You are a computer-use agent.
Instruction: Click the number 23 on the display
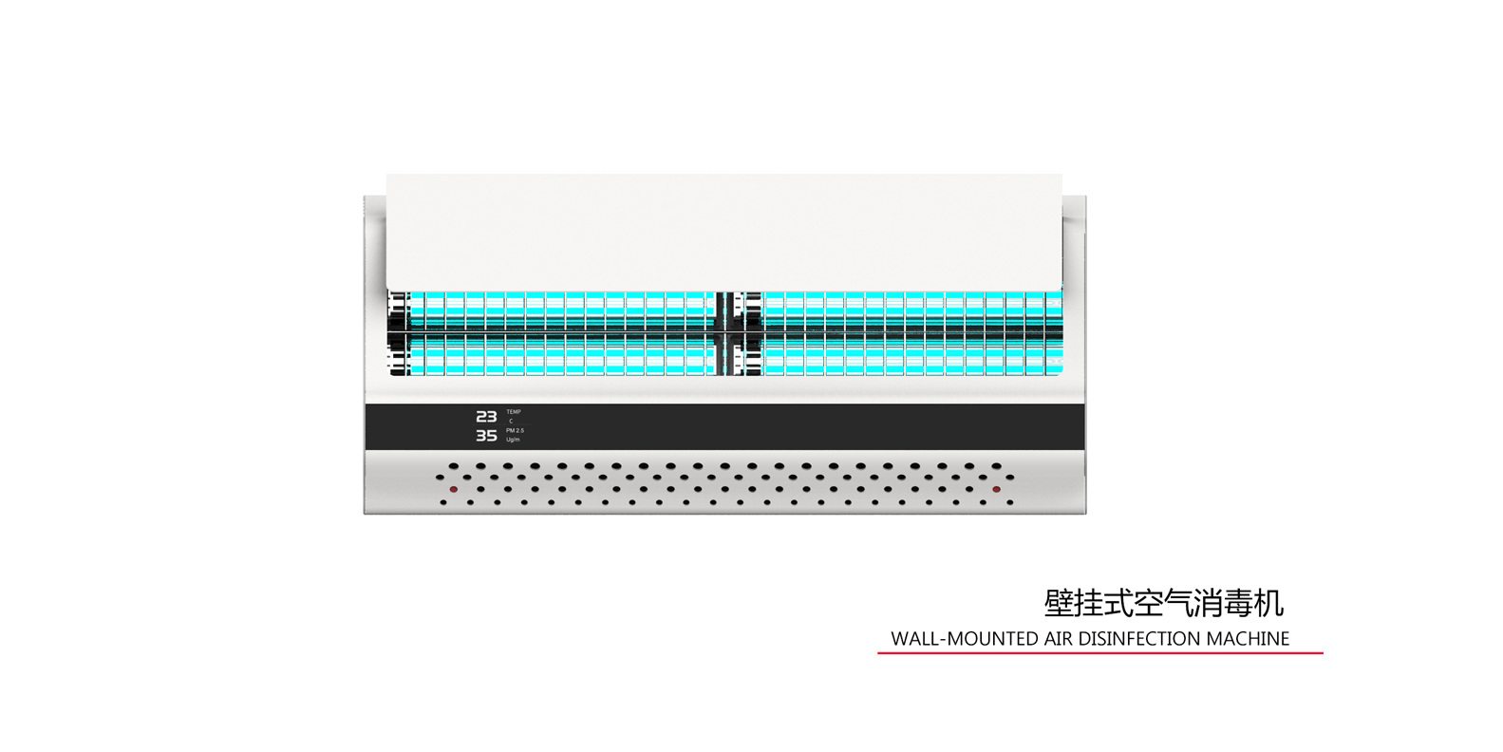click(x=486, y=417)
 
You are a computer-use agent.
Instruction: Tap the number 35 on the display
click(x=486, y=436)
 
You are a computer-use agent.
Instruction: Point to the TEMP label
click(x=514, y=412)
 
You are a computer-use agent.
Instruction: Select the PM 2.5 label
click(x=515, y=430)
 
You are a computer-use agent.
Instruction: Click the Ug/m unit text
click(x=513, y=440)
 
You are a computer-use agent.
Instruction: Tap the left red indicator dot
click(x=454, y=490)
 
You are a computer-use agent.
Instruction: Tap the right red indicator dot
click(x=996, y=490)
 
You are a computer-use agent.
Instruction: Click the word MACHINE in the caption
click(x=1248, y=639)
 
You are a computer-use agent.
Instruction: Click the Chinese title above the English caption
click(x=1163, y=603)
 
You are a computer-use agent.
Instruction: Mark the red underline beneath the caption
click(x=1099, y=653)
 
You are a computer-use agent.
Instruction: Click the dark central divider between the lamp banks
click(x=727, y=333)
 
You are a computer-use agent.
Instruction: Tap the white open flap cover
click(x=723, y=232)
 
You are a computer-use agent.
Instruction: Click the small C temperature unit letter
click(x=511, y=422)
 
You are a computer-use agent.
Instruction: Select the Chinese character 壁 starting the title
click(x=1060, y=603)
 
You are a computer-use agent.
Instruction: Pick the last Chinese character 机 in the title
click(x=1268, y=603)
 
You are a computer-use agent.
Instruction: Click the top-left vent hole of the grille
click(x=454, y=466)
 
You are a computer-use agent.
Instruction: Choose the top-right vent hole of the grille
click(x=996, y=466)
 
